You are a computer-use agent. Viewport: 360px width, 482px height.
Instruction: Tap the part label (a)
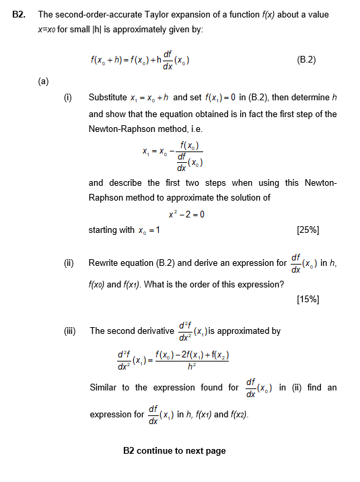point(43,82)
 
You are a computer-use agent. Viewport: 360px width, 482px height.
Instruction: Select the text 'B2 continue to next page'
point(175,450)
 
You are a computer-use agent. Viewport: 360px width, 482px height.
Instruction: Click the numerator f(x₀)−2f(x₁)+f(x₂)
point(195,353)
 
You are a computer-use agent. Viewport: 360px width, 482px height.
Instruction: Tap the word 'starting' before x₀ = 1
point(103,230)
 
